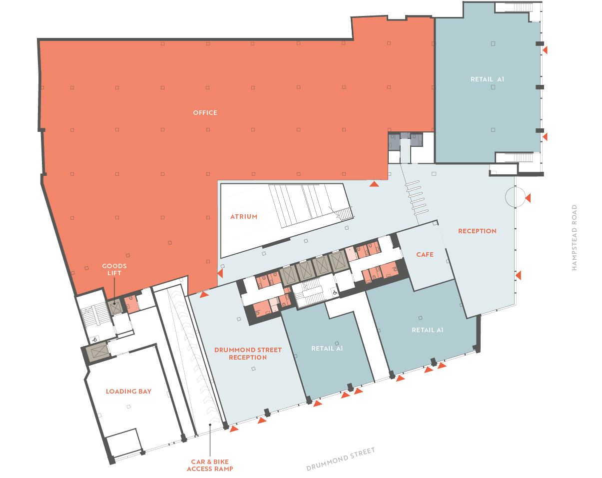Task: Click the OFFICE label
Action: [205, 113]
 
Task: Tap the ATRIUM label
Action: [244, 216]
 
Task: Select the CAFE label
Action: [425, 255]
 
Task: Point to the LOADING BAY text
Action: [129, 391]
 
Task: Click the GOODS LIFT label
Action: [114, 269]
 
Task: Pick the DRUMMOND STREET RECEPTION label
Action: [248, 354]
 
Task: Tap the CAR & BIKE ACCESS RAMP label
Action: [210, 465]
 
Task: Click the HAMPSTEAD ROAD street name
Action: [574, 237]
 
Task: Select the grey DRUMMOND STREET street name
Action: [340, 459]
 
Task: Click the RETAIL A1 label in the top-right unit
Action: [487, 79]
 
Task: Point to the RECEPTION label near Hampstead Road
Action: [477, 231]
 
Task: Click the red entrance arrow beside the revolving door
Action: [528, 198]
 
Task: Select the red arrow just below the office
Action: [374, 184]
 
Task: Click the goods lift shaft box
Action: [115, 307]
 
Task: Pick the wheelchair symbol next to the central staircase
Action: [335, 293]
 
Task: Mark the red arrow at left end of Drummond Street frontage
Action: [234, 429]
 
